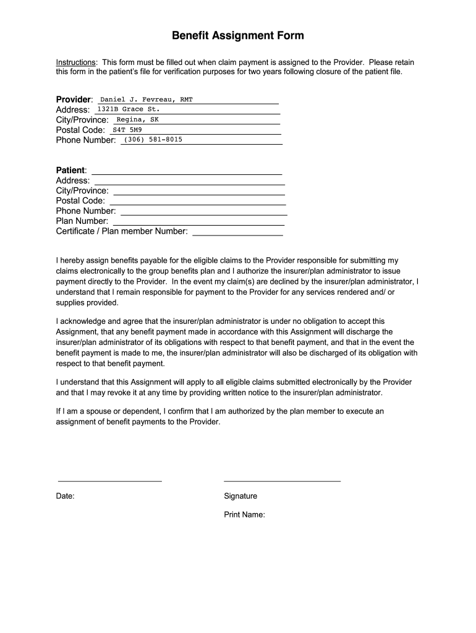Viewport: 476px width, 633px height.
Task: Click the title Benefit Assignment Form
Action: pyautogui.click(x=238, y=36)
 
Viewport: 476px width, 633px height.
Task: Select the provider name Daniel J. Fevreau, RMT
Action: pyautogui.click(x=147, y=99)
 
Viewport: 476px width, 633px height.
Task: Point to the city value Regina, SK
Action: pyautogui.click(x=133, y=119)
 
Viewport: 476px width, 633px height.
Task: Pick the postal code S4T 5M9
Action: pyautogui.click(x=127, y=130)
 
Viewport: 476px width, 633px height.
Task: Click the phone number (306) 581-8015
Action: pyautogui.click(x=153, y=140)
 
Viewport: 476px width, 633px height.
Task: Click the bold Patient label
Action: pyautogui.click(x=71, y=170)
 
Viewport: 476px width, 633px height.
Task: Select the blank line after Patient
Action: pyautogui.click(x=187, y=174)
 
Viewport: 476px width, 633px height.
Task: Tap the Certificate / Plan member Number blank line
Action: pyautogui.click(x=238, y=236)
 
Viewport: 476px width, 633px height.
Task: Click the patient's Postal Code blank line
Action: pyautogui.click(x=198, y=205)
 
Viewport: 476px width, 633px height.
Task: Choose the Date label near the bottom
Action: pyautogui.click(x=66, y=496)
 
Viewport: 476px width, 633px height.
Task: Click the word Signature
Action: pyautogui.click(x=240, y=496)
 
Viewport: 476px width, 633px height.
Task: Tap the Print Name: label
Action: pyautogui.click(x=244, y=514)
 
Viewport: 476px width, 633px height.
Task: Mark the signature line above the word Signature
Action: pyautogui.click(x=282, y=480)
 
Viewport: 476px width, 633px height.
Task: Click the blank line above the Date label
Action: pyautogui.click(x=109, y=480)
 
